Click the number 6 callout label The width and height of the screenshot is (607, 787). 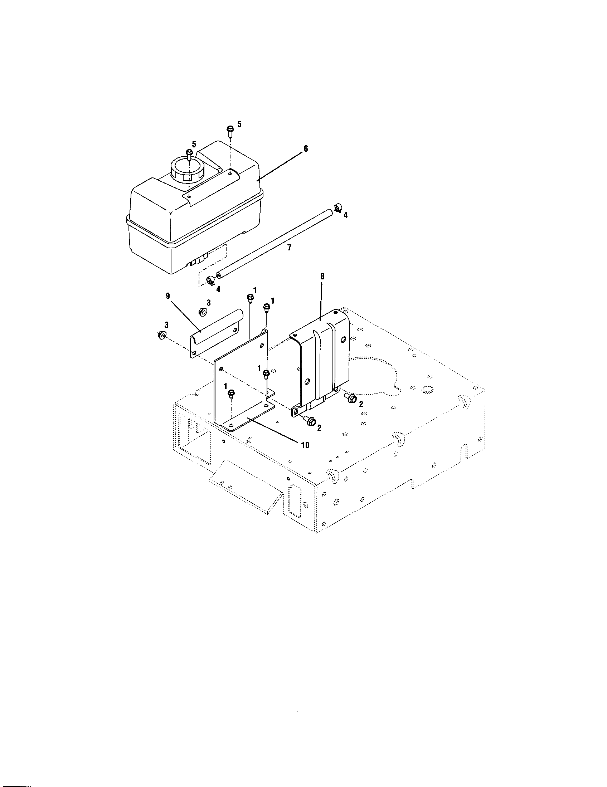[306, 148]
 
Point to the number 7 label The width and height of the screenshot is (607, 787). [289, 248]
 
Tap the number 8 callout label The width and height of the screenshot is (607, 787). [322, 277]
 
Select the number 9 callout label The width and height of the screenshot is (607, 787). [167, 296]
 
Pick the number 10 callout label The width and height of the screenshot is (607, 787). [305, 445]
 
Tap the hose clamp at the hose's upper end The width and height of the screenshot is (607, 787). [338, 208]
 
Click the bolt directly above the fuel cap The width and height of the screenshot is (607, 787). [189, 153]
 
